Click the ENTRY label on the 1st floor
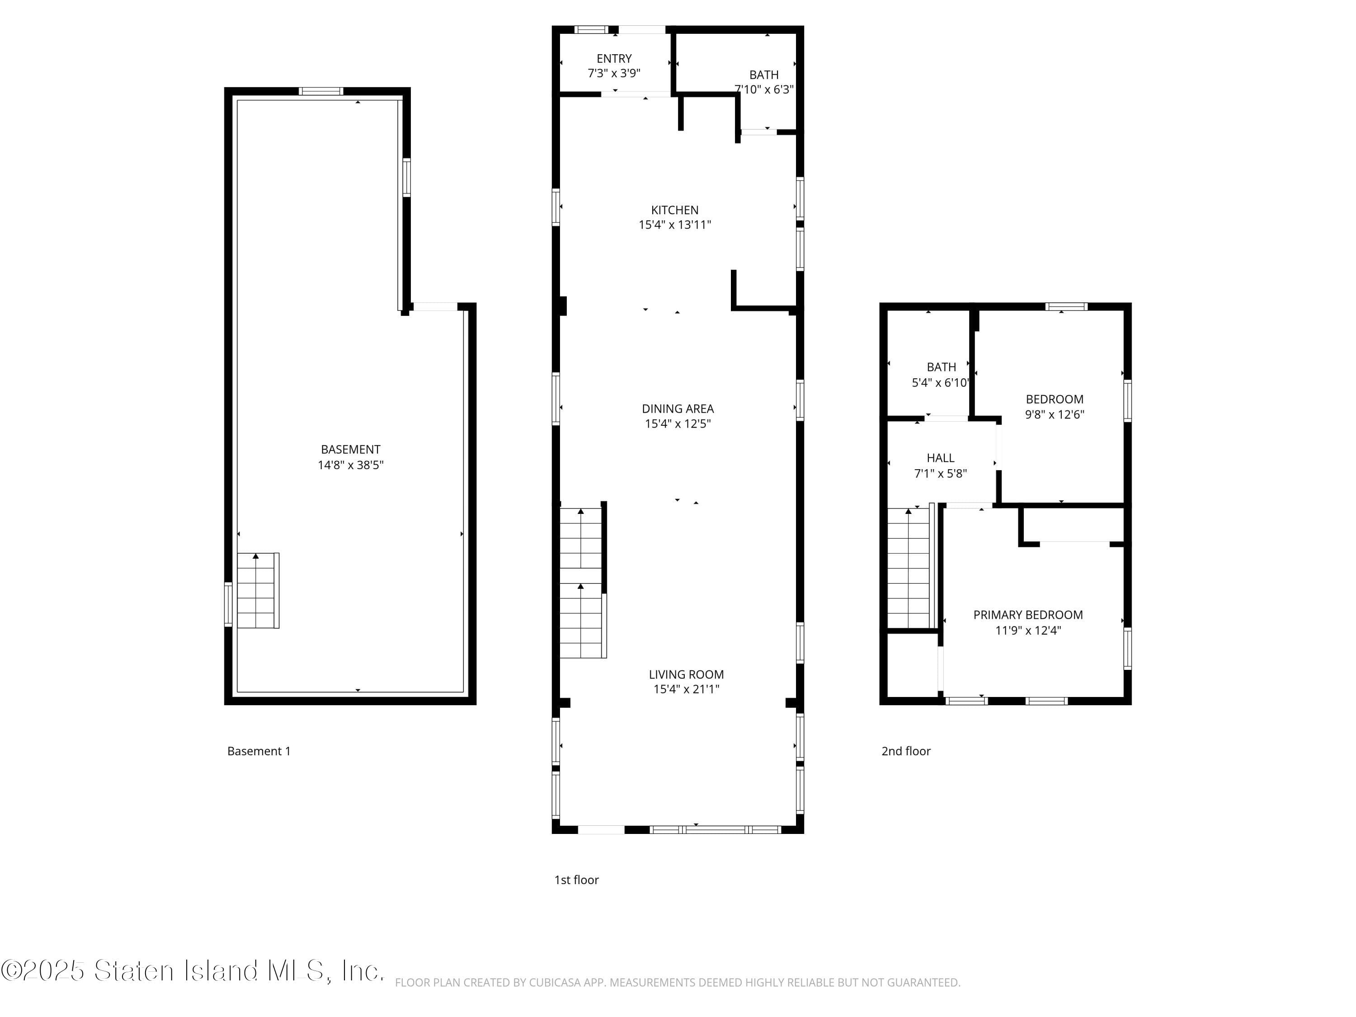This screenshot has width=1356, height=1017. pos(614,58)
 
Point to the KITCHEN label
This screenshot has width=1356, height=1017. pos(674,210)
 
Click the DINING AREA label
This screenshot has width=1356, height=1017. pos(678,408)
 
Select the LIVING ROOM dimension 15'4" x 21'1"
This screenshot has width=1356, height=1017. pos(686,689)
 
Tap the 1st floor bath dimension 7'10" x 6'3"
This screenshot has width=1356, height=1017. pos(764,89)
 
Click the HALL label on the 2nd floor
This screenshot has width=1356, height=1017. pos(940,458)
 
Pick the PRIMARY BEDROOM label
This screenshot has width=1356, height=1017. pos(1027,615)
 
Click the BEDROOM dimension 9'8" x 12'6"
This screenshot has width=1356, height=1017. pos(1055,414)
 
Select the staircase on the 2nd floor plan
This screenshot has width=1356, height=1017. pos(908,568)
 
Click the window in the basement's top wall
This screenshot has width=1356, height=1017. pos(320,91)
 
